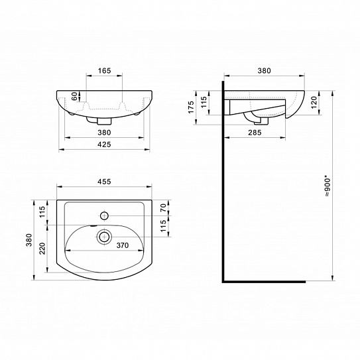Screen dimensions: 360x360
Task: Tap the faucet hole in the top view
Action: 104,215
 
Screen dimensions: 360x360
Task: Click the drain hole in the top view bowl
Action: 104,235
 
